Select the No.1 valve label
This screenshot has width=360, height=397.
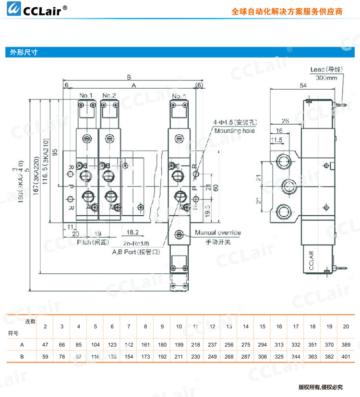coord(86,95)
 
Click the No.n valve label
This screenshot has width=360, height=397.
coord(179,95)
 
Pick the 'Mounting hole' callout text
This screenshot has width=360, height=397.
coord(235,131)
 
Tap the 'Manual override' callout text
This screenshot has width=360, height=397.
coord(218,233)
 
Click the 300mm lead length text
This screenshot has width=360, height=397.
coord(327,78)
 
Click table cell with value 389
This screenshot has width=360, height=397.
coord(345,345)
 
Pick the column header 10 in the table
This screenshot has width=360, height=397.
coord(179,327)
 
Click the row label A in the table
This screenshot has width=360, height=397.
coord(22,345)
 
